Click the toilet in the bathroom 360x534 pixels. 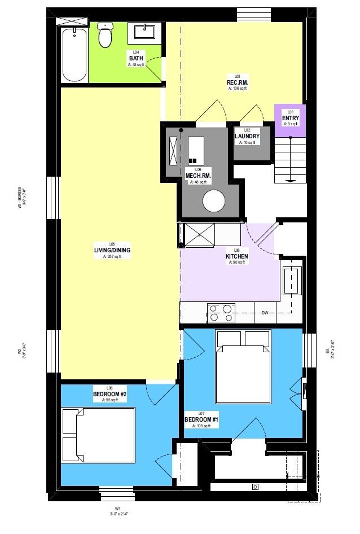click(x=106, y=35)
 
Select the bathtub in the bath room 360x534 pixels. click(x=74, y=55)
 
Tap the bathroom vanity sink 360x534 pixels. click(x=146, y=31)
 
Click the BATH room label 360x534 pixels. click(x=135, y=59)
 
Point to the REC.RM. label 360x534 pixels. click(x=238, y=82)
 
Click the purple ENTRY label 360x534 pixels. click(x=291, y=118)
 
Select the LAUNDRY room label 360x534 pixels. click(x=247, y=137)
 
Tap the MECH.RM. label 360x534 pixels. click(x=198, y=176)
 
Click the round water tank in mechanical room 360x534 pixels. click(x=214, y=201)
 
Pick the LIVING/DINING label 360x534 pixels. click(x=112, y=250)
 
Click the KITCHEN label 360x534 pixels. click(x=237, y=256)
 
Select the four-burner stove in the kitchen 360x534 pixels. click(x=221, y=313)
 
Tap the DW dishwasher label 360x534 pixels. click(x=265, y=313)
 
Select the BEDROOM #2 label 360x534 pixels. click(x=109, y=394)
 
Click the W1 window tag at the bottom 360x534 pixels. click(x=118, y=509)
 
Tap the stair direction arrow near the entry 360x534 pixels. click(x=290, y=180)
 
